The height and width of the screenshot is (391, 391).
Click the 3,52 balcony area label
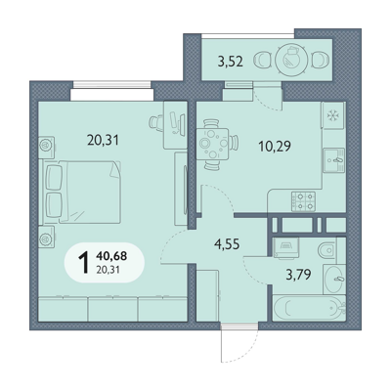(x=231, y=61)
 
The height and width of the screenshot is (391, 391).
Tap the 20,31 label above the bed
(x=103, y=140)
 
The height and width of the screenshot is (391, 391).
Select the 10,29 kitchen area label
(x=275, y=147)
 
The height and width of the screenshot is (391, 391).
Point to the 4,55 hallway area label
(x=227, y=243)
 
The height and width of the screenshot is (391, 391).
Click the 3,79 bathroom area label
(x=298, y=275)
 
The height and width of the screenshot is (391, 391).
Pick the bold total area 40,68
(x=111, y=256)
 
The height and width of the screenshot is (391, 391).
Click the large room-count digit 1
(x=84, y=263)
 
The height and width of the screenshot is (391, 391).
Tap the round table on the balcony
(x=291, y=60)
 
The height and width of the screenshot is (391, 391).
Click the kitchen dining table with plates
(x=212, y=144)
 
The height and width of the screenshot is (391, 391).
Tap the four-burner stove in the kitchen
(x=303, y=201)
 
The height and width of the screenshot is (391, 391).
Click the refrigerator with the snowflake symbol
(x=332, y=115)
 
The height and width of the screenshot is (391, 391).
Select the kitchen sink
(x=333, y=159)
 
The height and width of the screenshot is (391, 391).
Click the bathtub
(x=309, y=308)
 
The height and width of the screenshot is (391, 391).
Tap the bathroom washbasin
(x=334, y=279)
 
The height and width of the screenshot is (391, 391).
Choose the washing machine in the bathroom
(x=286, y=248)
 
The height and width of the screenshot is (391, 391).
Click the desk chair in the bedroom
(x=156, y=122)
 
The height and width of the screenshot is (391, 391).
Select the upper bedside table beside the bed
(x=47, y=144)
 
